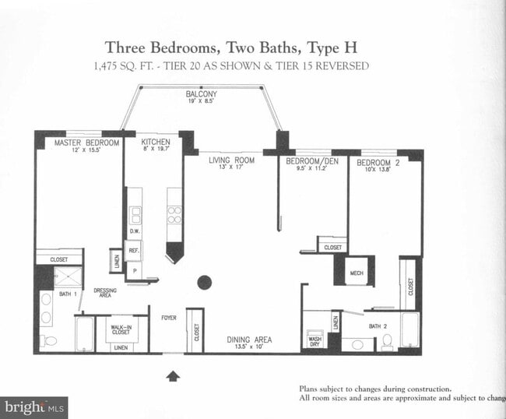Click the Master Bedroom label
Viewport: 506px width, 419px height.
[86, 143]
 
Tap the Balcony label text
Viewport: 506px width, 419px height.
[201, 93]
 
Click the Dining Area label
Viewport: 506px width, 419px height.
[249, 340]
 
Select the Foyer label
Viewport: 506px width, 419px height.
[169, 318]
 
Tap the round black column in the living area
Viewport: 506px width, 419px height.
[205, 282]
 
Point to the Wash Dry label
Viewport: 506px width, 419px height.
[315, 340]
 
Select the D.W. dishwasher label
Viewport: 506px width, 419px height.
[134, 231]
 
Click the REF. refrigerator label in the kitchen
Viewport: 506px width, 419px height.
[134, 251]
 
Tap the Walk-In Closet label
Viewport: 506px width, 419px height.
[121, 330]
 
